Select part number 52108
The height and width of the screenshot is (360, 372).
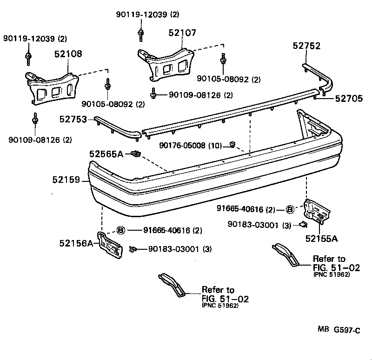point(68,54)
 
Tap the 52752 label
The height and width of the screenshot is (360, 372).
point(306,46)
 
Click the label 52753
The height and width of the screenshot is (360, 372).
point(73,120)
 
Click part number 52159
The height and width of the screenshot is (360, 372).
point(66,180)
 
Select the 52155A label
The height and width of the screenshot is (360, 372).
point(321,239)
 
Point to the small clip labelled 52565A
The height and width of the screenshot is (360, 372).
point(136,153)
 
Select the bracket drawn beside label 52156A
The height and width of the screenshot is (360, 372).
point(110,243)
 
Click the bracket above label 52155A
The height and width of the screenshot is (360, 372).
point(317,212)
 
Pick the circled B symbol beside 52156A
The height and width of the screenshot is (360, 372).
point(120,230)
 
